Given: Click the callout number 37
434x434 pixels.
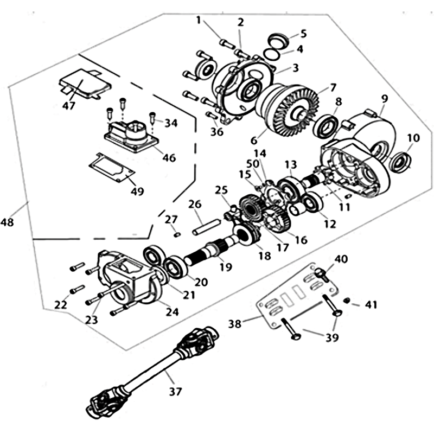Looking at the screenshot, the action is click(x=175, y=391).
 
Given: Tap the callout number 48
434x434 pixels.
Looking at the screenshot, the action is click(x=7, y=222).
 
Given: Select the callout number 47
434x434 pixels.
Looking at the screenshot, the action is click(x=69, y=105).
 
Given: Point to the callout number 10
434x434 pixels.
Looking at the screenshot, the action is click(x=413, y=138).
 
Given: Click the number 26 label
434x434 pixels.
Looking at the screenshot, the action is click(x=195, y=205).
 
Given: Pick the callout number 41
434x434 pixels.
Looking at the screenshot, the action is click(x=371, y=304).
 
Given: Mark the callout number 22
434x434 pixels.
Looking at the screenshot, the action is click(x=61, y=305).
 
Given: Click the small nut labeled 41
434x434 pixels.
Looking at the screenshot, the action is click(x=346, y=301).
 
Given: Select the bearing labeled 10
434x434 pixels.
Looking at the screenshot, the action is click(x=400, y=161).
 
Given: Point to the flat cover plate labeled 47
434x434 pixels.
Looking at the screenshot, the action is click(x=85, y=83).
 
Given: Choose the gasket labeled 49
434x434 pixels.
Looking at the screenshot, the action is click(x=112, y=168).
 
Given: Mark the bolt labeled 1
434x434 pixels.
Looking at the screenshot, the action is click(x=226, y=43).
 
